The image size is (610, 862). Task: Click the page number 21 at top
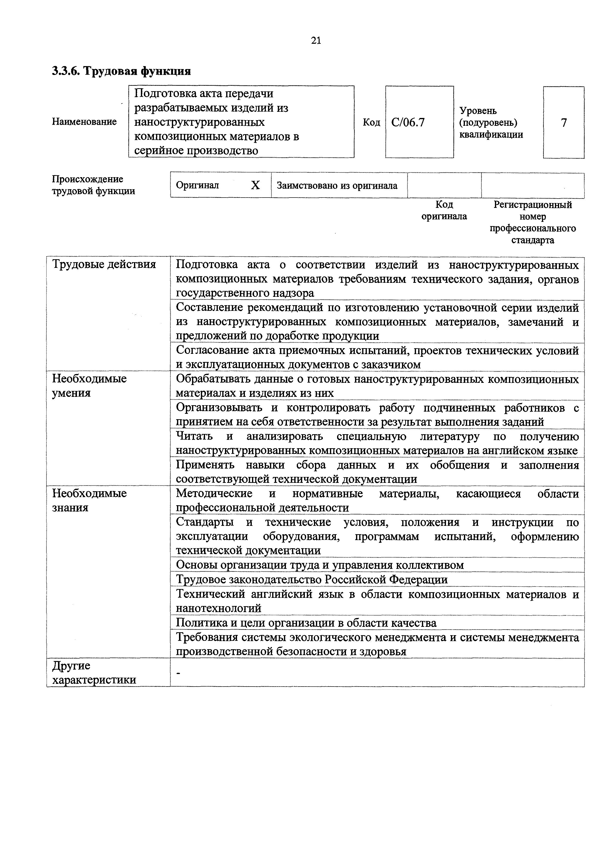point(316,41)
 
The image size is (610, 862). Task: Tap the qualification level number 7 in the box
point(564,122)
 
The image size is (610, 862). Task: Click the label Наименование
point(84,122)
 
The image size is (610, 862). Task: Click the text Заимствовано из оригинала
point(337,186)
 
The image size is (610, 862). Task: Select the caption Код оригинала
point(444,210)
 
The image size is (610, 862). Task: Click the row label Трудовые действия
point(104,264)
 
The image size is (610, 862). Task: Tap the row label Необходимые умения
point(89,386)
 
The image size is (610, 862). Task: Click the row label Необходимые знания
point(89,500)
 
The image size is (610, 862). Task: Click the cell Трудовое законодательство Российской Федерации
point(312,579)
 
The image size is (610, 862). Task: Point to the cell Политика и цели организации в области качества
point(306,623)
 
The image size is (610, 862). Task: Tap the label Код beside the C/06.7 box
point(371,122)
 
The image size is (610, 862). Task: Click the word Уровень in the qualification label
point(478,111)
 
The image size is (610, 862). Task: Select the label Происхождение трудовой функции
point(93,185)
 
